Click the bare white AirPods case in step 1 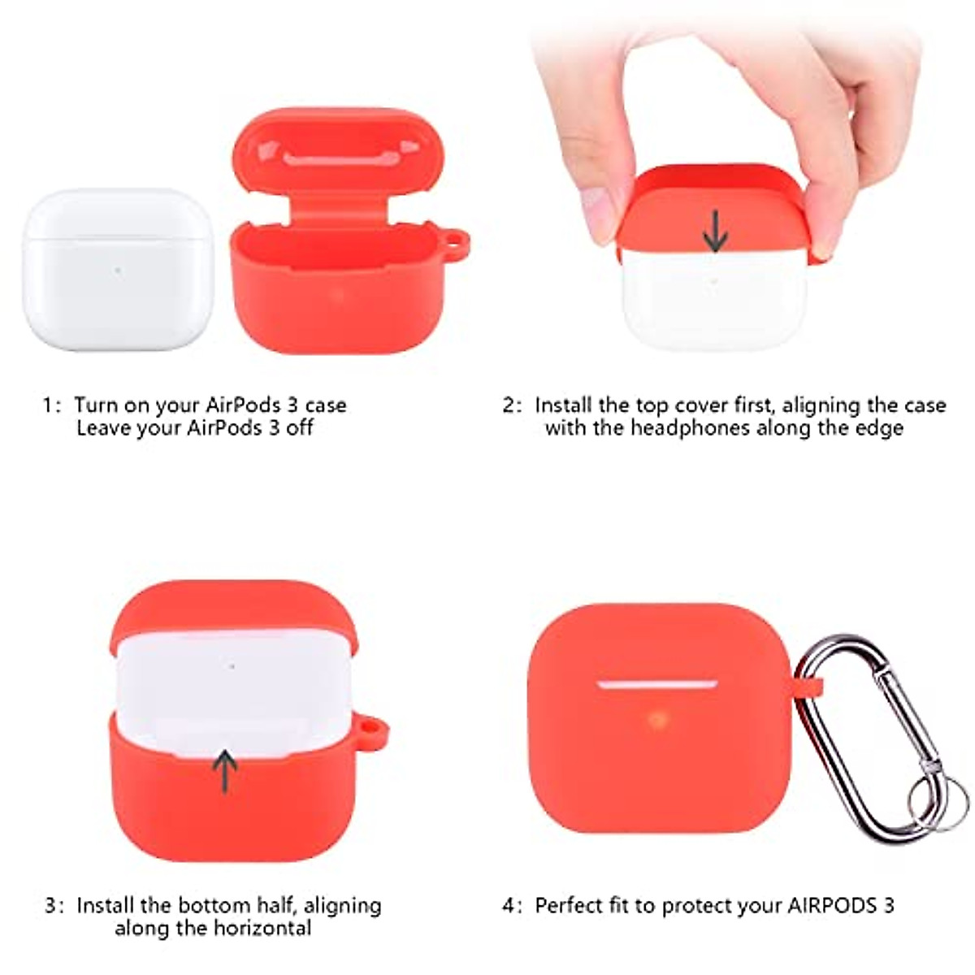click(x=118, y=270)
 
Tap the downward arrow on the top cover click(x=715, y=230)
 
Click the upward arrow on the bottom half click(x=225, y=770)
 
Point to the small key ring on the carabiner click(x=938, y=799)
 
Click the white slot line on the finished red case click(x=657, y=684)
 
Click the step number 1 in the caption click(x=49, y=405)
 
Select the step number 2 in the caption click(x=509, y=405)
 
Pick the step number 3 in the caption click(x=51, y=906)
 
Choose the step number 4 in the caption click(x=509, y=906)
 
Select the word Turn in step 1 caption click(x=96, y=405)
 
